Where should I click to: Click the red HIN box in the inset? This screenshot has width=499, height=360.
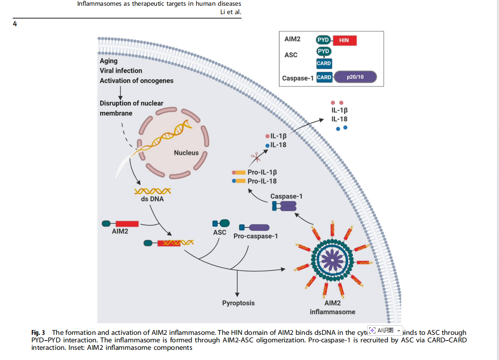pyautogui.click(x=344, y=40)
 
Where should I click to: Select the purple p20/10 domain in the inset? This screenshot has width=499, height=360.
pyautogui.click(x=355, y=78)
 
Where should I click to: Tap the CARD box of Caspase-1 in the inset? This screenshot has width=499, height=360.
pyautogui.click(x=324, y=78)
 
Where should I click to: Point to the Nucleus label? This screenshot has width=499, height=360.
pyautogui.click(x=186, y=153)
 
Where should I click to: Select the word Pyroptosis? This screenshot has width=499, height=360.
pyautogui.click(x=238, y=303)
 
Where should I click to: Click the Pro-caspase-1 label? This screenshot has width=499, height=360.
pyautogui.click(x=256, y=236)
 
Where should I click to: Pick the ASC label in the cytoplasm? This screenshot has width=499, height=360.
pyautogui.click(x=219, y=232)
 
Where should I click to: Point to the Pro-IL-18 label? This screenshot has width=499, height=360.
pyautogui.click(x=262, y=181)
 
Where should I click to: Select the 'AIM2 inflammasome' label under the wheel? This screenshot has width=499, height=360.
pyautogui.click(x=333, y=307)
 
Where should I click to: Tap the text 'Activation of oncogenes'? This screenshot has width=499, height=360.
pyautogui.click(x=136, y=81)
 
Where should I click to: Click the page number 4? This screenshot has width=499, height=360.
pyautogui.click(x=15, y=24)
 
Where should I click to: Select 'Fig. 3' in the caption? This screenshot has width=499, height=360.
pyautogui.click(x=38, y=332)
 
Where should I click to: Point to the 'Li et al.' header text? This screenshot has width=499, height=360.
pyautogui.click(x=231, y=12)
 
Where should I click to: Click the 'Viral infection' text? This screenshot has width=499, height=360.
pyautogui.click(x=121, y=71)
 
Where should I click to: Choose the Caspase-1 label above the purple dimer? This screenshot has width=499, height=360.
pyautogui.click(x=286, y=196)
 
